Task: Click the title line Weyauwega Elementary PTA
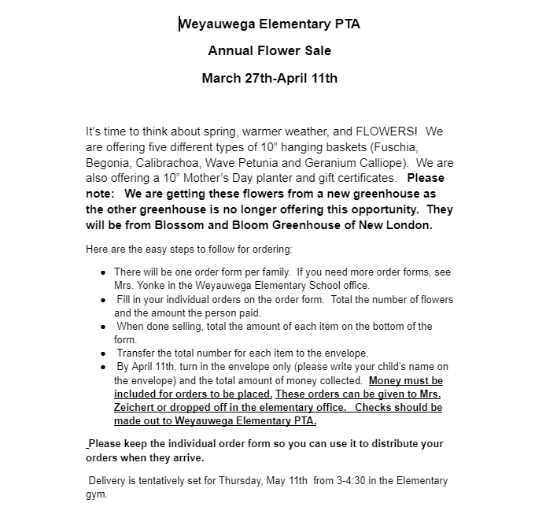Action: tap(269, 24)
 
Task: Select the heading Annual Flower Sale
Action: tap(269, 51)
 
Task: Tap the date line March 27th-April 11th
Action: tap(269, 78)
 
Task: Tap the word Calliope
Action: tap(381, 163)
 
